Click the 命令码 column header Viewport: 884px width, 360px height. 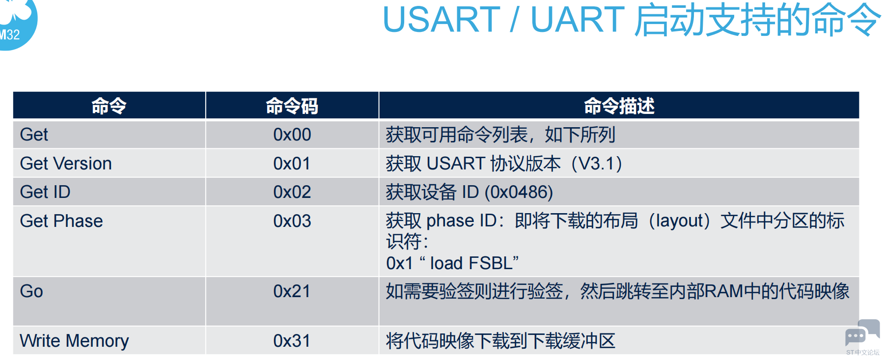pyautogui.click(x=292, y=106)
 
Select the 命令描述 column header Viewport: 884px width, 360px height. pyautogui.click(x=619, y=106)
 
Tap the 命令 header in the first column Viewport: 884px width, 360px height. pyautogui.click(x=109, y=106)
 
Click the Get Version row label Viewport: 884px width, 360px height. pyautogui.click(x=66, y=164)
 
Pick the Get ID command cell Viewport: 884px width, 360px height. pyautogui.click(x=45, y=192)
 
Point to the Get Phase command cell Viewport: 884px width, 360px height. pyautogui.click(x=61, y=221)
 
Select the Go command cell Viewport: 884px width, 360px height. pyautogui.click(x=31, y=291)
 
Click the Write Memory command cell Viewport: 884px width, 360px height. pyautogui.click(x=74, y=341)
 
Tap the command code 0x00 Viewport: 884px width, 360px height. pyautogui.click(x=292, y=135)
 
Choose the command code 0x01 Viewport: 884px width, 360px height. pyautogui.click(x=292, y=164)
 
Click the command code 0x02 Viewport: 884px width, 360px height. pyautogui.click(x=292, y=192)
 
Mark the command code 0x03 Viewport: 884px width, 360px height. pyautogui.click(x=292, y=221)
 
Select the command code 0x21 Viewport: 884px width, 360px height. pyautogui.click(x=292, y=291)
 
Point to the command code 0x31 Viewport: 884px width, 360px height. pyautogui.click(x=292, y=341)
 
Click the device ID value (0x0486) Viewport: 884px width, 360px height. pyautogui.click(x=519, y=192)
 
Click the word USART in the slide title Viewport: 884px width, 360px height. pyautogui.click(x=441, y=20)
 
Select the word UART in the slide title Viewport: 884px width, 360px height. pyautogui.click(x=578, y=20)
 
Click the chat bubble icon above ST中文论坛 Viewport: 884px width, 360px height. pyautogui.click(x=862, y=333)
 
